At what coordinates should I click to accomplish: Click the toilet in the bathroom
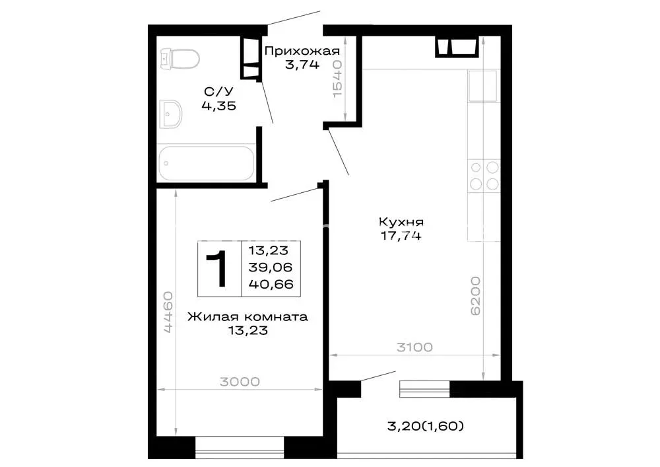[180, 59]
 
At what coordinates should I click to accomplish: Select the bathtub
[206, 163]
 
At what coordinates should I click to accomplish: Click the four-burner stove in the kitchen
[484, 176]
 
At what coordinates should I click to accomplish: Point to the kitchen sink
[482, 86]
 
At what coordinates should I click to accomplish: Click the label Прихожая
[302, 52]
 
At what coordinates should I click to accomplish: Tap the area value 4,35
[219, 106]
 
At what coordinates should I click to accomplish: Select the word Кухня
[401, 222]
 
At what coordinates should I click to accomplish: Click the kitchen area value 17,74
[401, 236]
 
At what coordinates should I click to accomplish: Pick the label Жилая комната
[248, 316]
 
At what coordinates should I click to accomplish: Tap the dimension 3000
[240, 382]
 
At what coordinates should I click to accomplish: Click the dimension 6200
[475, 296]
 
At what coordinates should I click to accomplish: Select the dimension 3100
[414, 347]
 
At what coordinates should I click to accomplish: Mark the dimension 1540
[337, 79]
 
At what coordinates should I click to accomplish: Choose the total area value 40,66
[271, 284]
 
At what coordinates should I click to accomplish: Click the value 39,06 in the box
[270, 268]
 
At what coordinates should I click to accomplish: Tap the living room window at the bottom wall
[240, 448]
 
